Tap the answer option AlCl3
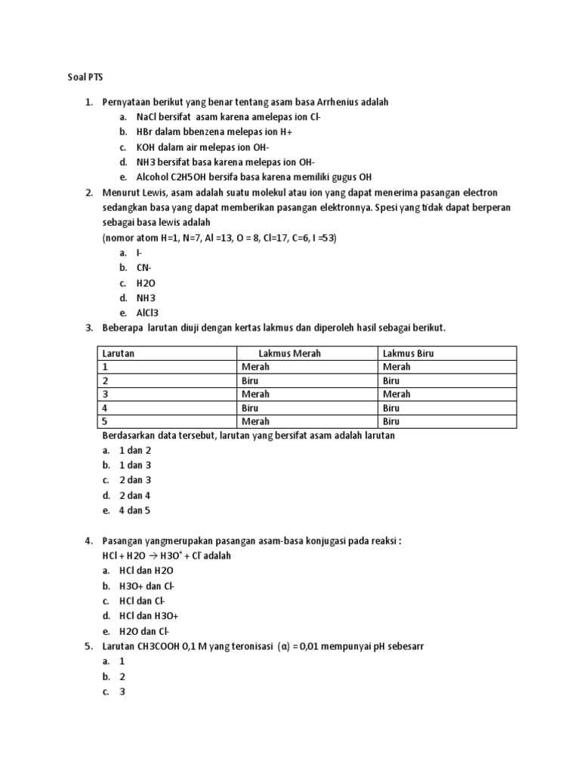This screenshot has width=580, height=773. [148, 313]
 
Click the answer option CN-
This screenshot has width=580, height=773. [144, 267]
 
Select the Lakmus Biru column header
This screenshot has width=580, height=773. [409, 353]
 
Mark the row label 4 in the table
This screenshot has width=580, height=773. [106, 408]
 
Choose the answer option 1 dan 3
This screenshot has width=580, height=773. [135, 465]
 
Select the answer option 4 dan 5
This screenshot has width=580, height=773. [135, 510]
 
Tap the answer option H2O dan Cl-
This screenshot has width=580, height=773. [144, 631]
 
